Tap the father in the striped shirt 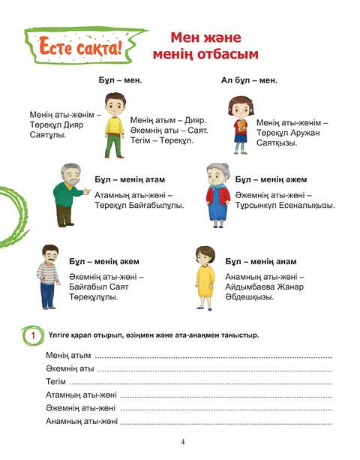(49, 277)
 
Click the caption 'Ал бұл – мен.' (249, 80)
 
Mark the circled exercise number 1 (32, 335)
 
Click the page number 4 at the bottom (181, 441)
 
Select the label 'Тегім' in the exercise (55, 382)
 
